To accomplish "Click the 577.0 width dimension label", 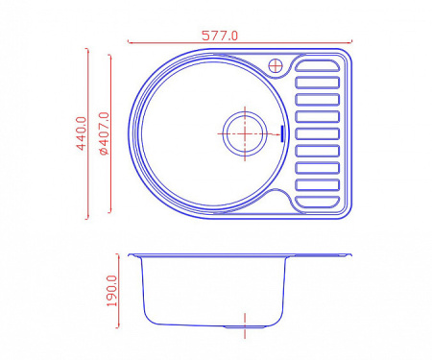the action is point(220,36).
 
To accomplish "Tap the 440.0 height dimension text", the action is point(82,133).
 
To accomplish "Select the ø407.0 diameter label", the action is point(104,133).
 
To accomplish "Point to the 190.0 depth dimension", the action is point(112,291).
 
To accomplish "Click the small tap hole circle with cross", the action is point(276,66).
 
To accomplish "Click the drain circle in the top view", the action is point(245,133).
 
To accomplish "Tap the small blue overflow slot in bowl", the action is point(282,133).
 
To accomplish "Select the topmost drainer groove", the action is point(317,65).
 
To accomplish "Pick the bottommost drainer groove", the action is point(317,203).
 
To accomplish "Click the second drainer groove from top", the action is point(317,83).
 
